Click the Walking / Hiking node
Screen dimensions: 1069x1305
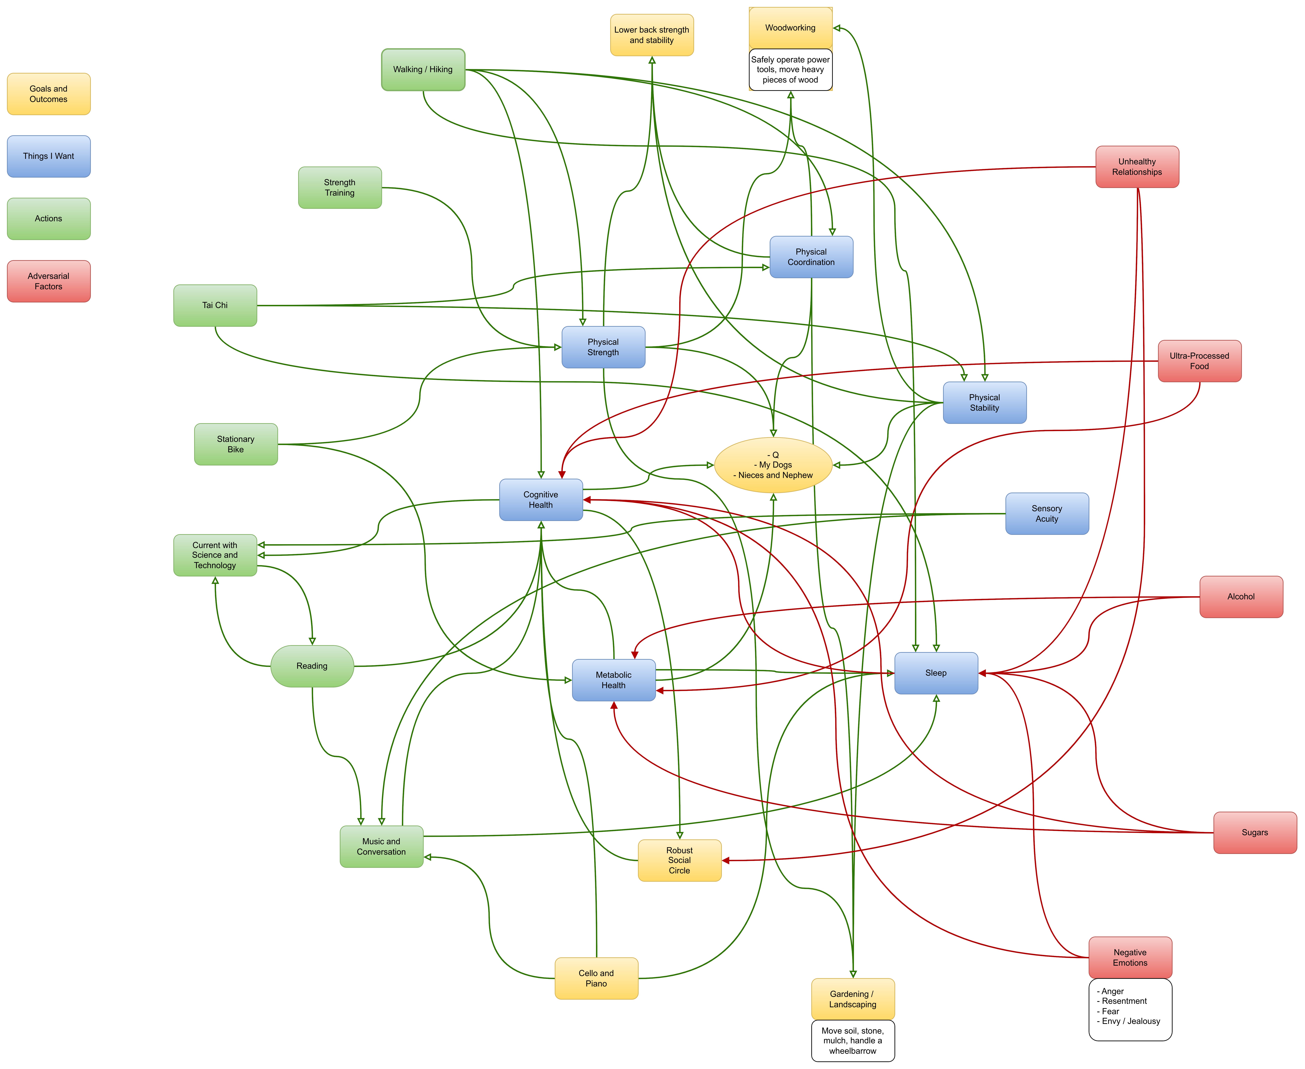[x=423, y=70]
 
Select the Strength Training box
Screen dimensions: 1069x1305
[x=340, y=188]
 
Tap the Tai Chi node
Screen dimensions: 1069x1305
[x=215, y=305]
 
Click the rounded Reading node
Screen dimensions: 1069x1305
[x=312, y=666]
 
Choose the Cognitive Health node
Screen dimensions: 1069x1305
[x=541, y=500]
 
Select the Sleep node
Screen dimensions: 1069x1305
[x=936, y=673]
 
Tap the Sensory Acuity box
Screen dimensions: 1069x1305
[x=1047, y=514]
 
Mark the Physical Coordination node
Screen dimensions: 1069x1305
[x=811, y=257]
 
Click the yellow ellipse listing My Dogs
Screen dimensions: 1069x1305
[x=773, y=465]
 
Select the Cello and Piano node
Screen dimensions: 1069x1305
[x=596, y=978]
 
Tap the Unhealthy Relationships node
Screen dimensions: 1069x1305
[x=1137, y=167]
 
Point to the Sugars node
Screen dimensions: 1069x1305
[x=1255, y=833]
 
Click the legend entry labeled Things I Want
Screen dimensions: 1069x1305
[x=49, y=156]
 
